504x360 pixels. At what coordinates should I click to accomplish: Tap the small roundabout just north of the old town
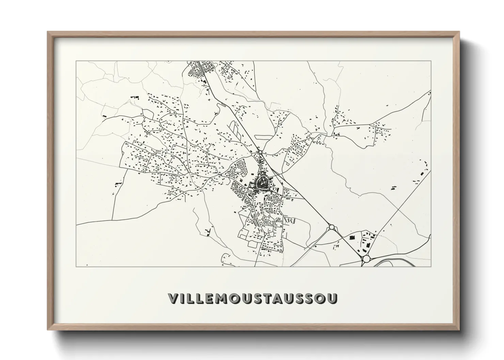tap(260, 152)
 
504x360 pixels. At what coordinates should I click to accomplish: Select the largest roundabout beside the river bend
tap(366, 259)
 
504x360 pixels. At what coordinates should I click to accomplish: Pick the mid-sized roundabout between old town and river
tap(331, 227)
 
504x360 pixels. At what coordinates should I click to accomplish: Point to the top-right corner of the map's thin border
tap(431, 61)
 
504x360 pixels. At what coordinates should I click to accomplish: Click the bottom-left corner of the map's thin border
tap(76, 266)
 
